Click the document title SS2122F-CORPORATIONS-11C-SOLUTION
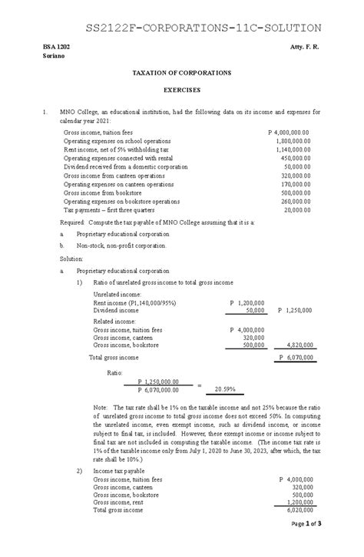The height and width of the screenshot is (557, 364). point(181,28)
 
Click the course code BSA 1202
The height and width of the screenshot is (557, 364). point(56,48)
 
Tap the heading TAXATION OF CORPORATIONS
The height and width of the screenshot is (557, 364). point(182,72)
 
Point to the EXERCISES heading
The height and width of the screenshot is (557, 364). point(182,89)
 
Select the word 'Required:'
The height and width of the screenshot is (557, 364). point(74,221)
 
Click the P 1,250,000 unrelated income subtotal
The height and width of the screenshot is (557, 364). point(293,310)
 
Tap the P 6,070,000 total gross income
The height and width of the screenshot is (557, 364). point(293,358)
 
